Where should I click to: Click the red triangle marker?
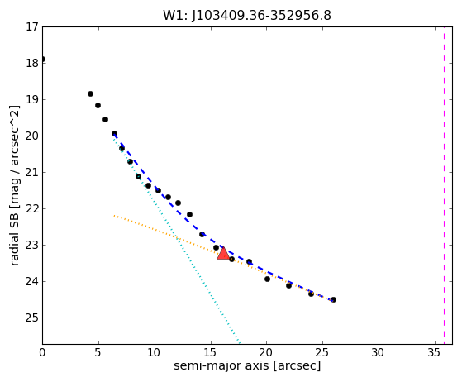223,253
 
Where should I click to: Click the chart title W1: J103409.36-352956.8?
247,16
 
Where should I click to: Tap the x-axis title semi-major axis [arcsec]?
247,365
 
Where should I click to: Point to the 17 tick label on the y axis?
32,26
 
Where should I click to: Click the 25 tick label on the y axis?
32,318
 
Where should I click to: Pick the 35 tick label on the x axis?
434,352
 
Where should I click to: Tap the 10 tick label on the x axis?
155,352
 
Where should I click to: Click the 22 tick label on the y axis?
32,208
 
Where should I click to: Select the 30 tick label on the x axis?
379,352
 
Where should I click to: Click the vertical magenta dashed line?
445,185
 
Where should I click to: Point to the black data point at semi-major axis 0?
43,60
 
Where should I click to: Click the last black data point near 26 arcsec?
333,300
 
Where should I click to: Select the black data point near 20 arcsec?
267,279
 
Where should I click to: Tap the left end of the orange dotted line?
114,216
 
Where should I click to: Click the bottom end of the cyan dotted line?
240,343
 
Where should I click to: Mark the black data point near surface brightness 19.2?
98,105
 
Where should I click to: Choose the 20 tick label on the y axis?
32,136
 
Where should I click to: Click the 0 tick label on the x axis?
42,352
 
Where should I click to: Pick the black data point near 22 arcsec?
288,285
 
